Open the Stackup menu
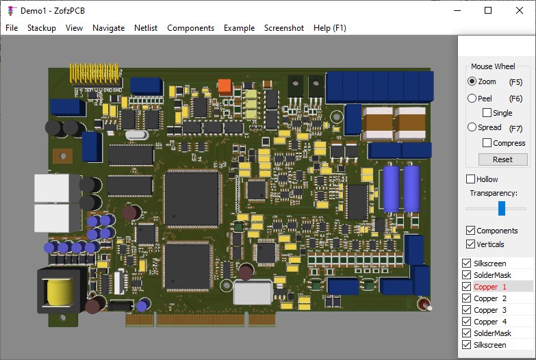[42, 28]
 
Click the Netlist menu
[146, 28]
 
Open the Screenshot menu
[284, 28]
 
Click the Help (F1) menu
[330, 28]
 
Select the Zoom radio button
[472, 81]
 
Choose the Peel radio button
[472, 99]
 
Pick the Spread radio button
[472, 127]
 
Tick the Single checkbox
[487, 113]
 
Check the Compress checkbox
[487, 143]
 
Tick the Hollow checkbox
[470, 179]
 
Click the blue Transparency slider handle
[502, 208]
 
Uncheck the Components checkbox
[470, 231]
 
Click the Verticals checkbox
[470, 244]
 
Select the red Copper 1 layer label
[490, 287]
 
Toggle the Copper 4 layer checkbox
[466, 322]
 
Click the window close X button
[520, 10]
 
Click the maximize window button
[488, 10]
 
